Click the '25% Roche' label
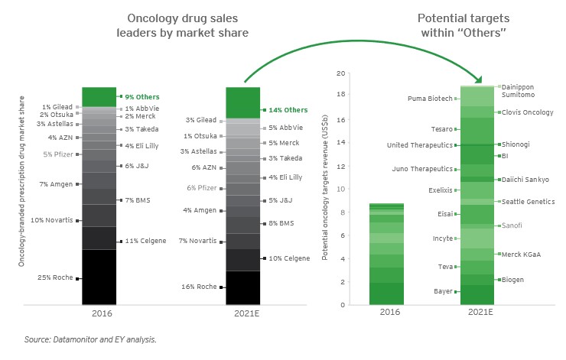click(56, 277)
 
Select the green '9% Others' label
click(141, 97)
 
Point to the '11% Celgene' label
click(145, 241)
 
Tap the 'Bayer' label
click(443, 291)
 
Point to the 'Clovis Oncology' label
click(528, 112)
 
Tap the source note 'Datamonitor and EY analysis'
click(91, 338)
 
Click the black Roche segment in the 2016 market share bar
click(99, 277)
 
